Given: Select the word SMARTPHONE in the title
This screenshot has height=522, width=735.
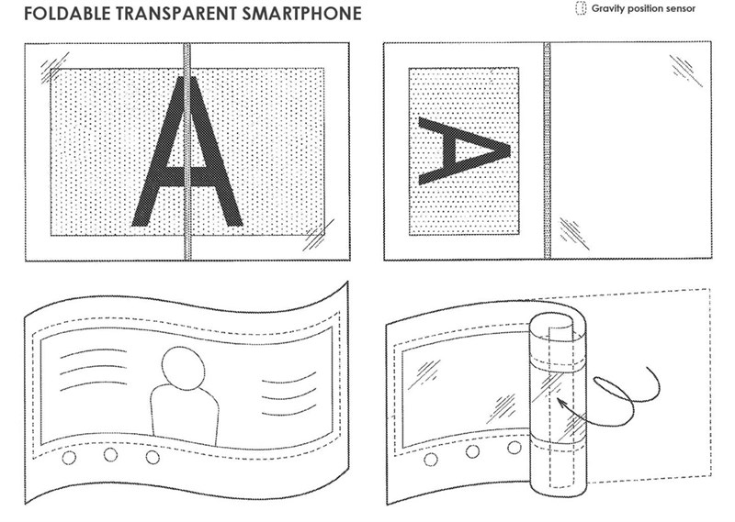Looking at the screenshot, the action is click(302, 14).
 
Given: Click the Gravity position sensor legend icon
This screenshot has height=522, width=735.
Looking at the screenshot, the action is click(581, 8).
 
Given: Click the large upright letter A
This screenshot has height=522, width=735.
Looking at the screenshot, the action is click(187, 150).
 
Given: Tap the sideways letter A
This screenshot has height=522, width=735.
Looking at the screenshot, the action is click(464, 151).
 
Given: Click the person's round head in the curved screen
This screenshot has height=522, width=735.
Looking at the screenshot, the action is click(183, 368).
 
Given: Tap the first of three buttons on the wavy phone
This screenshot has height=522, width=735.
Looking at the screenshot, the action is click(69, 458).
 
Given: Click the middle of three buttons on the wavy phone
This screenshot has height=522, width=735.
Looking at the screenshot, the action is click(110, 455).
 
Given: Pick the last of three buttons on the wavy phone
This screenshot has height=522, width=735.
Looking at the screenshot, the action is click(153, 457).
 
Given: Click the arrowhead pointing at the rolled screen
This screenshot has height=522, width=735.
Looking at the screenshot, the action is click(560, 402).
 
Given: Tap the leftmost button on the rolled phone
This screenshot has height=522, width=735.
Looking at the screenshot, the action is click(431, 460).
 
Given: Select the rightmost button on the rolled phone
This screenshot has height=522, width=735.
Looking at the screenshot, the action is click(514, 448).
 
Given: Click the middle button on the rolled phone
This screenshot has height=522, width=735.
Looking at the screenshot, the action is click(472, 451).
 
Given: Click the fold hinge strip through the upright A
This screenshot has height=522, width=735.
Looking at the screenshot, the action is click(187, 151).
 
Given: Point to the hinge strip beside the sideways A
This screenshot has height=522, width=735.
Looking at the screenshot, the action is click(547, 150).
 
